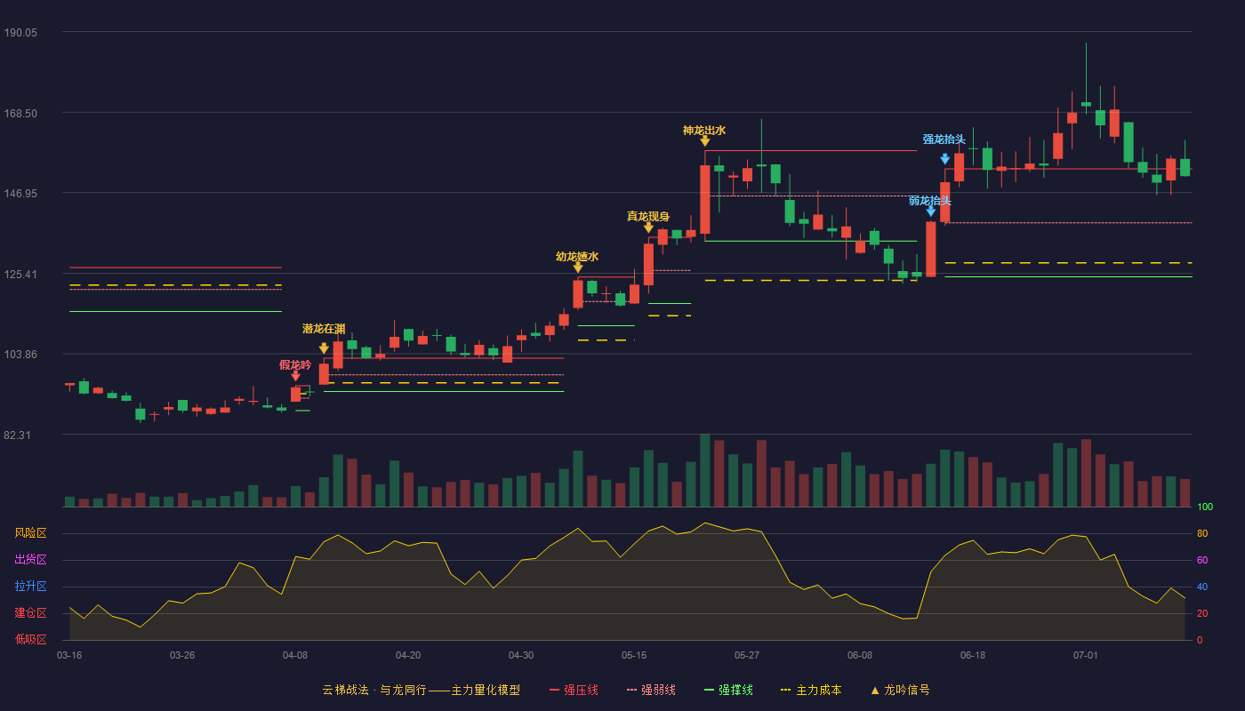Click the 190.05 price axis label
pyautogui.click(x=20, y=33)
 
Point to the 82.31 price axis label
pyautogui.click(x=17, y=435)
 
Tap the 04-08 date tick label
pyautogui.click(x=295, y=656)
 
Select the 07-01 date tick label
pyautogui.click(x=1086, y=656)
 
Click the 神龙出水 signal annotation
pyautogui.click(x=704, y=131)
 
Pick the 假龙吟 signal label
pyautogui.click(x=295, y=365)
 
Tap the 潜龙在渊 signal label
pyautogui.click(x=324, y=329)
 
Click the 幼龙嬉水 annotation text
pyautogui.click(x=577, y=257)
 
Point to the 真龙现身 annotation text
pyautogui.click(x=648, y=217)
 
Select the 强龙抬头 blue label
pyautogui.click(x=944, y=140)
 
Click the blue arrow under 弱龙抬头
pyautogui.click(x=931, y=212)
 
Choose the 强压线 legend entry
pyautogui.click(x=574, y=690)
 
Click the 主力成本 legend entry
pyautogui.click(x=811, y=690)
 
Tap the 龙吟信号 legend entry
pyautogui.click(x=900, y=690)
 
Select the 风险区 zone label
pyautogui.click(x=30, y=533)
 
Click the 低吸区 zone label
pyautogui.click(x=30, y=640)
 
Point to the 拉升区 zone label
pyautogui.click(x=30, y=587)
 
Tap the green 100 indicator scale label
pyautogui.click(x=1205, y=507)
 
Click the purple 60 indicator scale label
pyautogui.click(x=1202, y=560)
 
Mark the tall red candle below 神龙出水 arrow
pyautogui.click(x=704, y=199)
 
